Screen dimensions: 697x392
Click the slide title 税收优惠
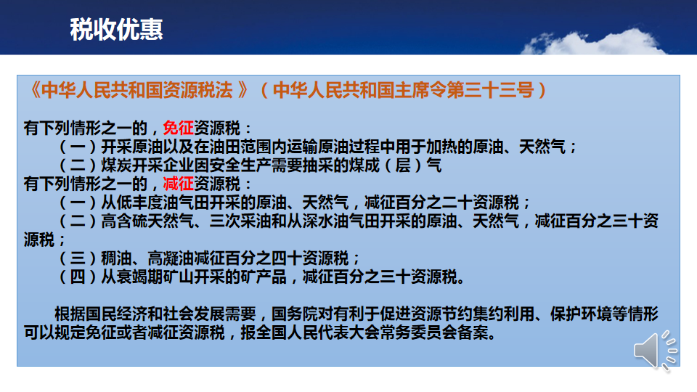(116, 30)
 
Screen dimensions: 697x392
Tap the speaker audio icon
(655, 350)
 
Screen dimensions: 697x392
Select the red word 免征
(179, 128)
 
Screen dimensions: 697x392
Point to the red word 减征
(179, 184)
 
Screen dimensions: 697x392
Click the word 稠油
(116, 258)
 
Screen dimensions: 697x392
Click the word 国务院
(295, 314)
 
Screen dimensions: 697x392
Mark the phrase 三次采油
(240, 221)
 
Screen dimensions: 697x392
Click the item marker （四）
(78, 277)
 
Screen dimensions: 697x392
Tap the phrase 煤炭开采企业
(147, 166)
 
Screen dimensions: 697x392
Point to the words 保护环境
(581, 314)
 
